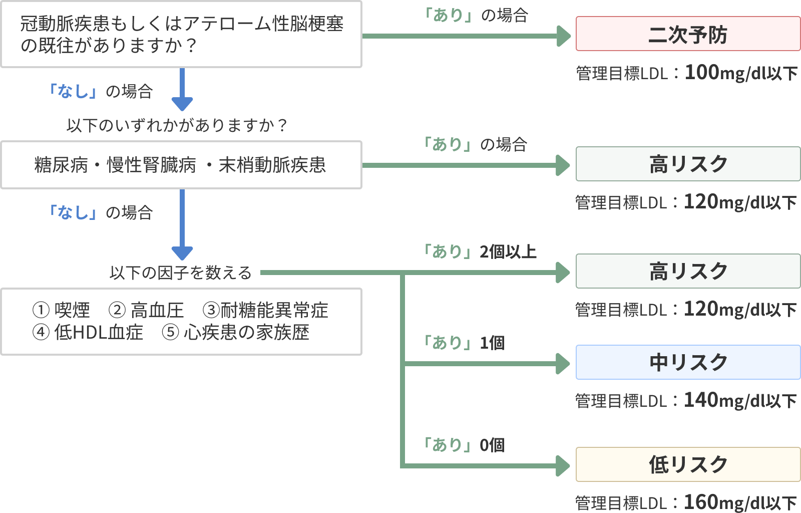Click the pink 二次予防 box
(688, 34)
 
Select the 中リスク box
(688, 362)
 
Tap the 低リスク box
(688, 464)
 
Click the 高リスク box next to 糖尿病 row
(688, 164)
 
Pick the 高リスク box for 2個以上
(688, 271)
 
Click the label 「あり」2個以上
(480, 251)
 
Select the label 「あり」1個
(464, 343)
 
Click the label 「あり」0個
(464, 445)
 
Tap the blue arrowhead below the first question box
(182, 103)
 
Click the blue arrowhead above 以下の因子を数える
(182, 252)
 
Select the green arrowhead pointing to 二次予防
(564, 36)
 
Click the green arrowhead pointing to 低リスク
(564, 466)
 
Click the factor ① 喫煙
(61, 311)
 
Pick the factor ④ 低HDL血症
(88, 332)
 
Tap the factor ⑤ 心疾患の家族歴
(235, 332)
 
